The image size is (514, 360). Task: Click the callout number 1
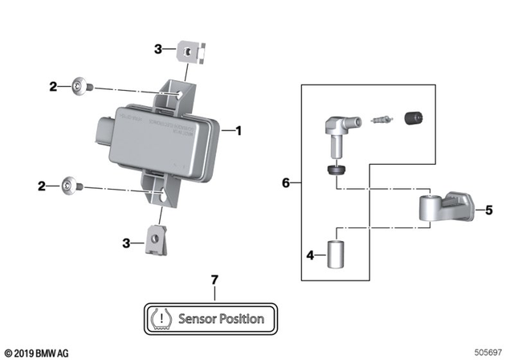click(238, 129)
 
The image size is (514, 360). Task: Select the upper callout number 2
click(53, 85)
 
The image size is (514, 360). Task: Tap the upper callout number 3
click(158, 49)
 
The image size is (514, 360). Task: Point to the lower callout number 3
click(125, 243)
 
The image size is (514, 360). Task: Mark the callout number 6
click(287, 183)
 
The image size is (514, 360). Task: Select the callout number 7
click(214, 279)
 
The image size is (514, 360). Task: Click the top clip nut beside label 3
click(188, 53)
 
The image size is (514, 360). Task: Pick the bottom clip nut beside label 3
click(156, 238)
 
